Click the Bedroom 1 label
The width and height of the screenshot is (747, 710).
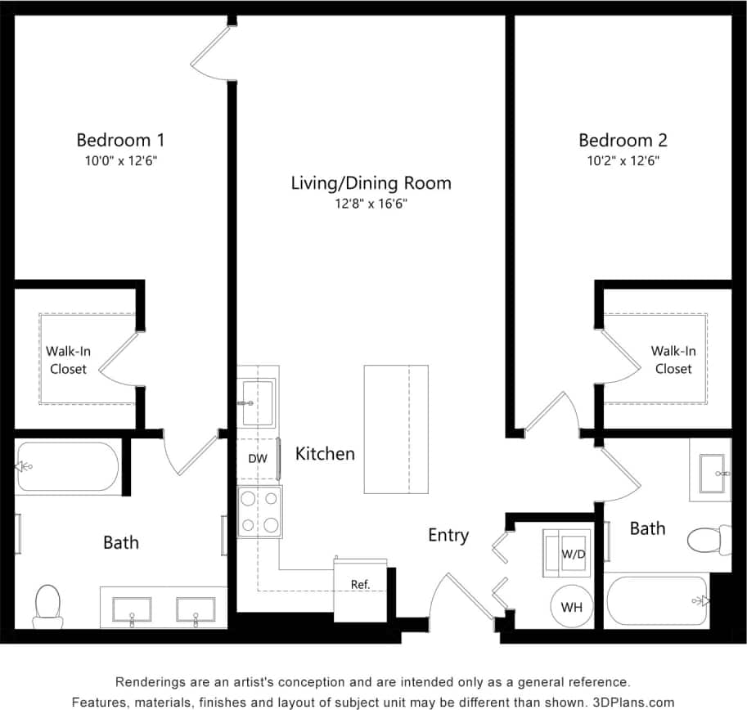pos(121,139)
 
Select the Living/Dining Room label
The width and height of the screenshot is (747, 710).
pos(371,182)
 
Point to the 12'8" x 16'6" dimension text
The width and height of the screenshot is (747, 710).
pos(371,204)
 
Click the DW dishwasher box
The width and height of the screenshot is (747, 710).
pos(258,459)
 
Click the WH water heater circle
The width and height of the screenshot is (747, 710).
pos(571,607)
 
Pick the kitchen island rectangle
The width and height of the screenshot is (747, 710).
pos(396,429)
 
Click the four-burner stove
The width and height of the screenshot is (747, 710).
pos(259,511)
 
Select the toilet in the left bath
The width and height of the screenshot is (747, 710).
pos(48,605)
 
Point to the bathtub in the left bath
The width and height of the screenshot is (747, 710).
pos(67,468)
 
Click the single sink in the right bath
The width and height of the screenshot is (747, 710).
pos(710,473)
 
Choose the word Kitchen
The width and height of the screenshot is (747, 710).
pos(325,453)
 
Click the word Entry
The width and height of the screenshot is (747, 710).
pos(448,535)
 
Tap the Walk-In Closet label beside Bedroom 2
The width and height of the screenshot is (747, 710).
pos(673,360)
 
